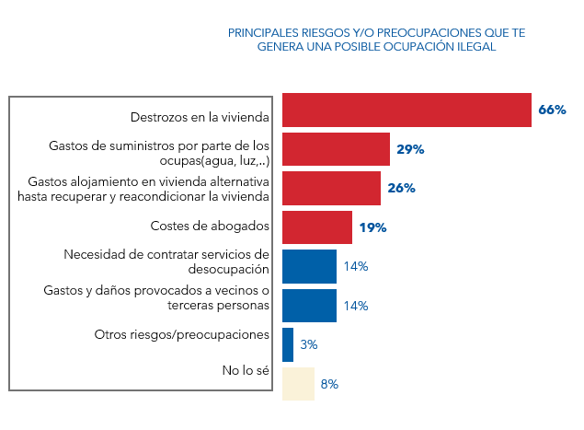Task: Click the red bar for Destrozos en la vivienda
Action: [407, 110]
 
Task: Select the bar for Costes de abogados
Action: [316, 227]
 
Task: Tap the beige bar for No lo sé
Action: [298, 384]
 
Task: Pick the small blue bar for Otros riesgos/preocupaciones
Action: [288, 344]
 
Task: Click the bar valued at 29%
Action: [336, 149]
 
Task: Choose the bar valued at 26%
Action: [331, 188]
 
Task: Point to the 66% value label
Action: [552, 110]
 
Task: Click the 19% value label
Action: [372, 227]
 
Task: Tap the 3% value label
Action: [309, 344]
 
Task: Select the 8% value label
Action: [329, 384]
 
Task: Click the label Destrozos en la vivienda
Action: [200, 117]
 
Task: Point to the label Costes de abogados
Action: [210, 226]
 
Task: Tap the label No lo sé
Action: [246, 371]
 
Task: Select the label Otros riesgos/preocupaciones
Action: [182, 334]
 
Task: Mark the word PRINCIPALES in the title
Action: [263, 32]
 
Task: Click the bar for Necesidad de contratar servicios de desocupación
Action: [309, 266]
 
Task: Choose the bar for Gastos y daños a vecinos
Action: [309, 306]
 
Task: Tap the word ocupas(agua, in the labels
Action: [189, 160]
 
